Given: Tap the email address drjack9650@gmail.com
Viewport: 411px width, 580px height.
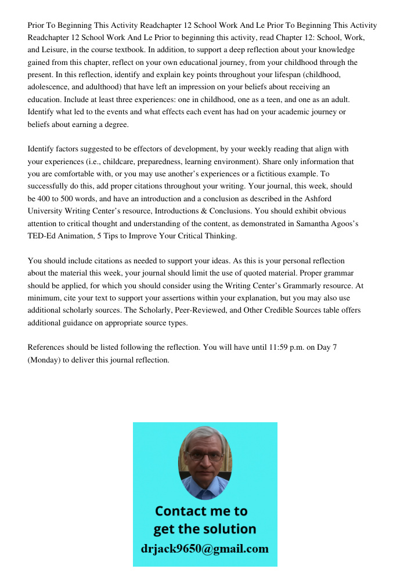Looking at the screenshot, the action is coord(205,549).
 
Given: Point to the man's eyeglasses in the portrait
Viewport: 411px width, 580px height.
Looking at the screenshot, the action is coord(205,456).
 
